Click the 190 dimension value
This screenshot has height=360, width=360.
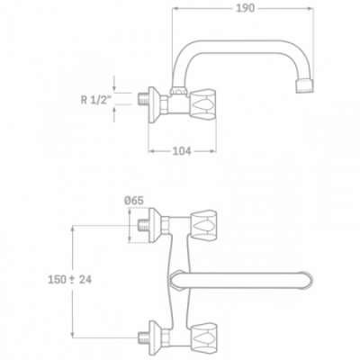(x=246, y=8)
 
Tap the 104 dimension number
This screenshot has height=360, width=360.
(x=182, y=151)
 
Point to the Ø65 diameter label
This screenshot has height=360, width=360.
(x=134, y=201)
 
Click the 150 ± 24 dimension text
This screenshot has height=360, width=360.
(x=70, y=280)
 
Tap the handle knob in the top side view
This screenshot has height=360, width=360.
(x=203, y=105)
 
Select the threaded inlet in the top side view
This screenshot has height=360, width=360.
(x=143, y=99)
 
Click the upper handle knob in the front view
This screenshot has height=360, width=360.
(x=203, y=225)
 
